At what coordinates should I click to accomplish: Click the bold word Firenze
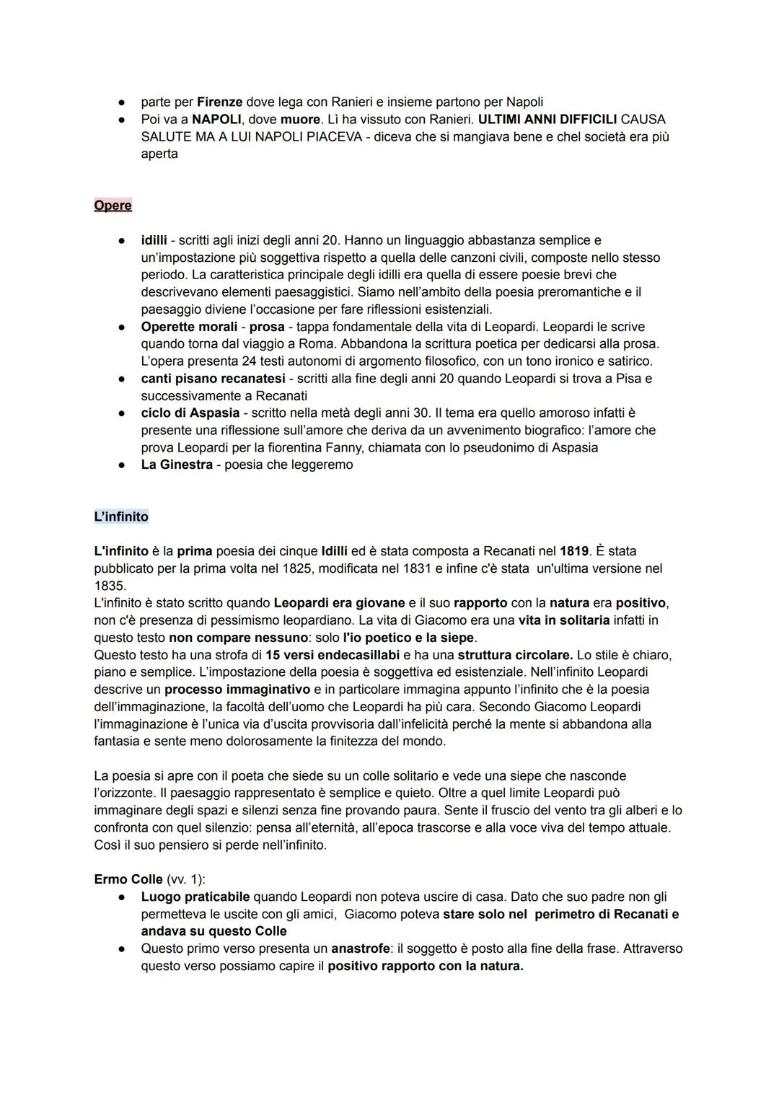point(219,102)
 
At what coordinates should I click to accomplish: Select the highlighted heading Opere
point(113,206)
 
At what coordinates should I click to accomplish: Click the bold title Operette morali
point(189,327)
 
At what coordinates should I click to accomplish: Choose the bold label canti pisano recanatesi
point(213,379)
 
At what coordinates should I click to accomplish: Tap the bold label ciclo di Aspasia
point(190,413)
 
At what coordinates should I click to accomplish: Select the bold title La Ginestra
point(177,465)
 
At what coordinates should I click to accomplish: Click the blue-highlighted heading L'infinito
point(121,517)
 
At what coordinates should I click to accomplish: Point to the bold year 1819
point(574,552)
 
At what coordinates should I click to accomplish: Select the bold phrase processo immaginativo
point(237,690)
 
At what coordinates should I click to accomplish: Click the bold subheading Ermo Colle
point(128,880)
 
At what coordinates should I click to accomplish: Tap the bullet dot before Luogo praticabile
point(123,898)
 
